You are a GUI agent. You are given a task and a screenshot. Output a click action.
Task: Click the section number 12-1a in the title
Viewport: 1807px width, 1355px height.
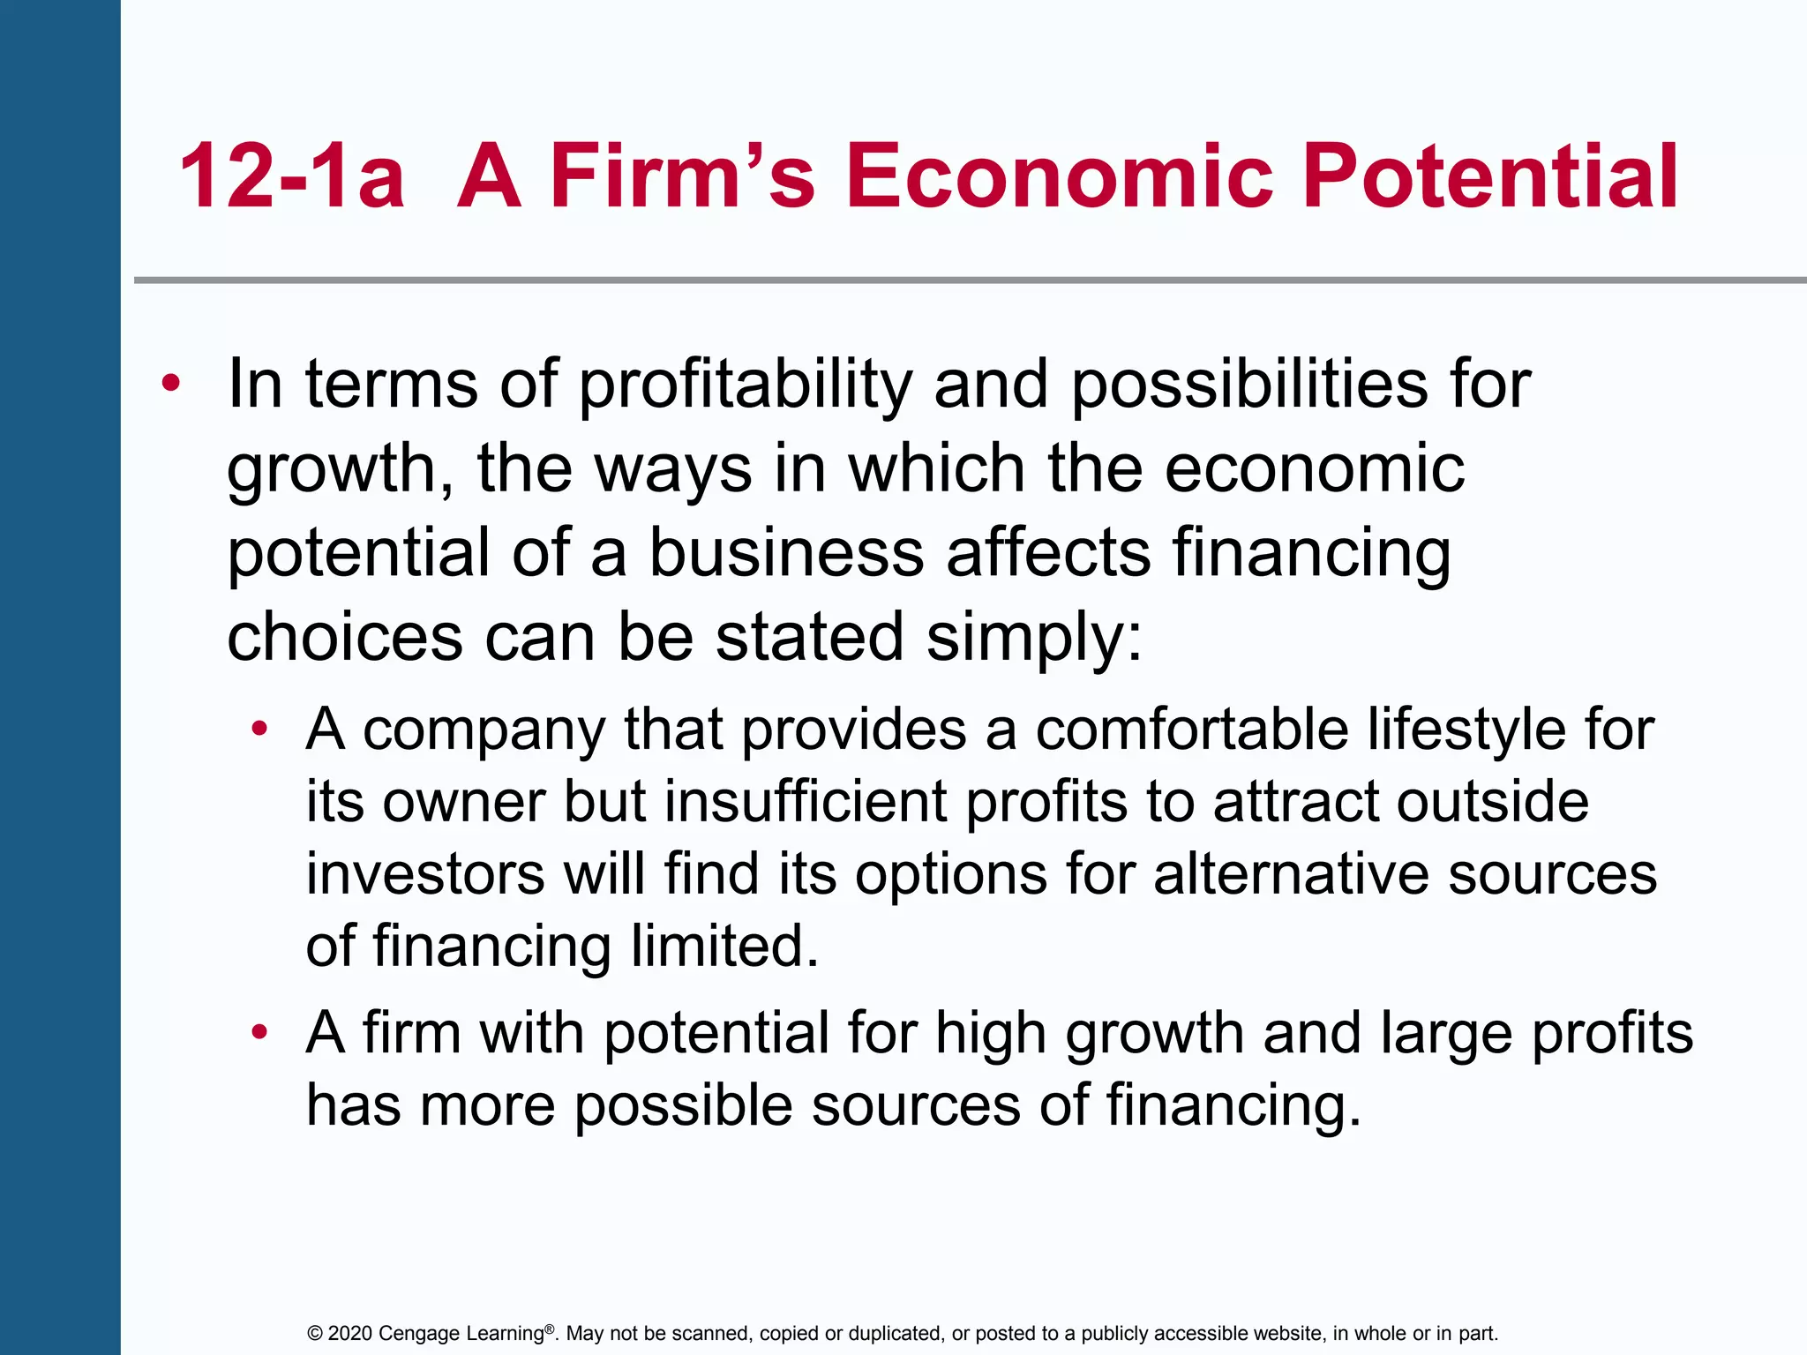click(291, 176)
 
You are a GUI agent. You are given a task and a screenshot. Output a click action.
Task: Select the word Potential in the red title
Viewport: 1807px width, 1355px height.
click(1490, 176)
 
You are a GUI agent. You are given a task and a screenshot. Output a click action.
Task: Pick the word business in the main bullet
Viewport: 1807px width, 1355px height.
click(786, 553)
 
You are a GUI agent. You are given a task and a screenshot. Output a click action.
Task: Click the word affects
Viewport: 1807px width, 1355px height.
click(1048, 553)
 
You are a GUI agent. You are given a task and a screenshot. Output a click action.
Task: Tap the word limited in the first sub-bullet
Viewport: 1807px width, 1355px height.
click(725, 947)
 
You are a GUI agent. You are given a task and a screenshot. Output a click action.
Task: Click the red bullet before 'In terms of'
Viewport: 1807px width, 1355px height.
click(171, 385)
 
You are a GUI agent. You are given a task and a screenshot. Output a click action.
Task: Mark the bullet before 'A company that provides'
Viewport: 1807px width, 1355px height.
click(259, 730)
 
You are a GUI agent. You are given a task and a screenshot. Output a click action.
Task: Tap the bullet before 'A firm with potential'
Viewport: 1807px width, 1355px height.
click(259, 1033)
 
